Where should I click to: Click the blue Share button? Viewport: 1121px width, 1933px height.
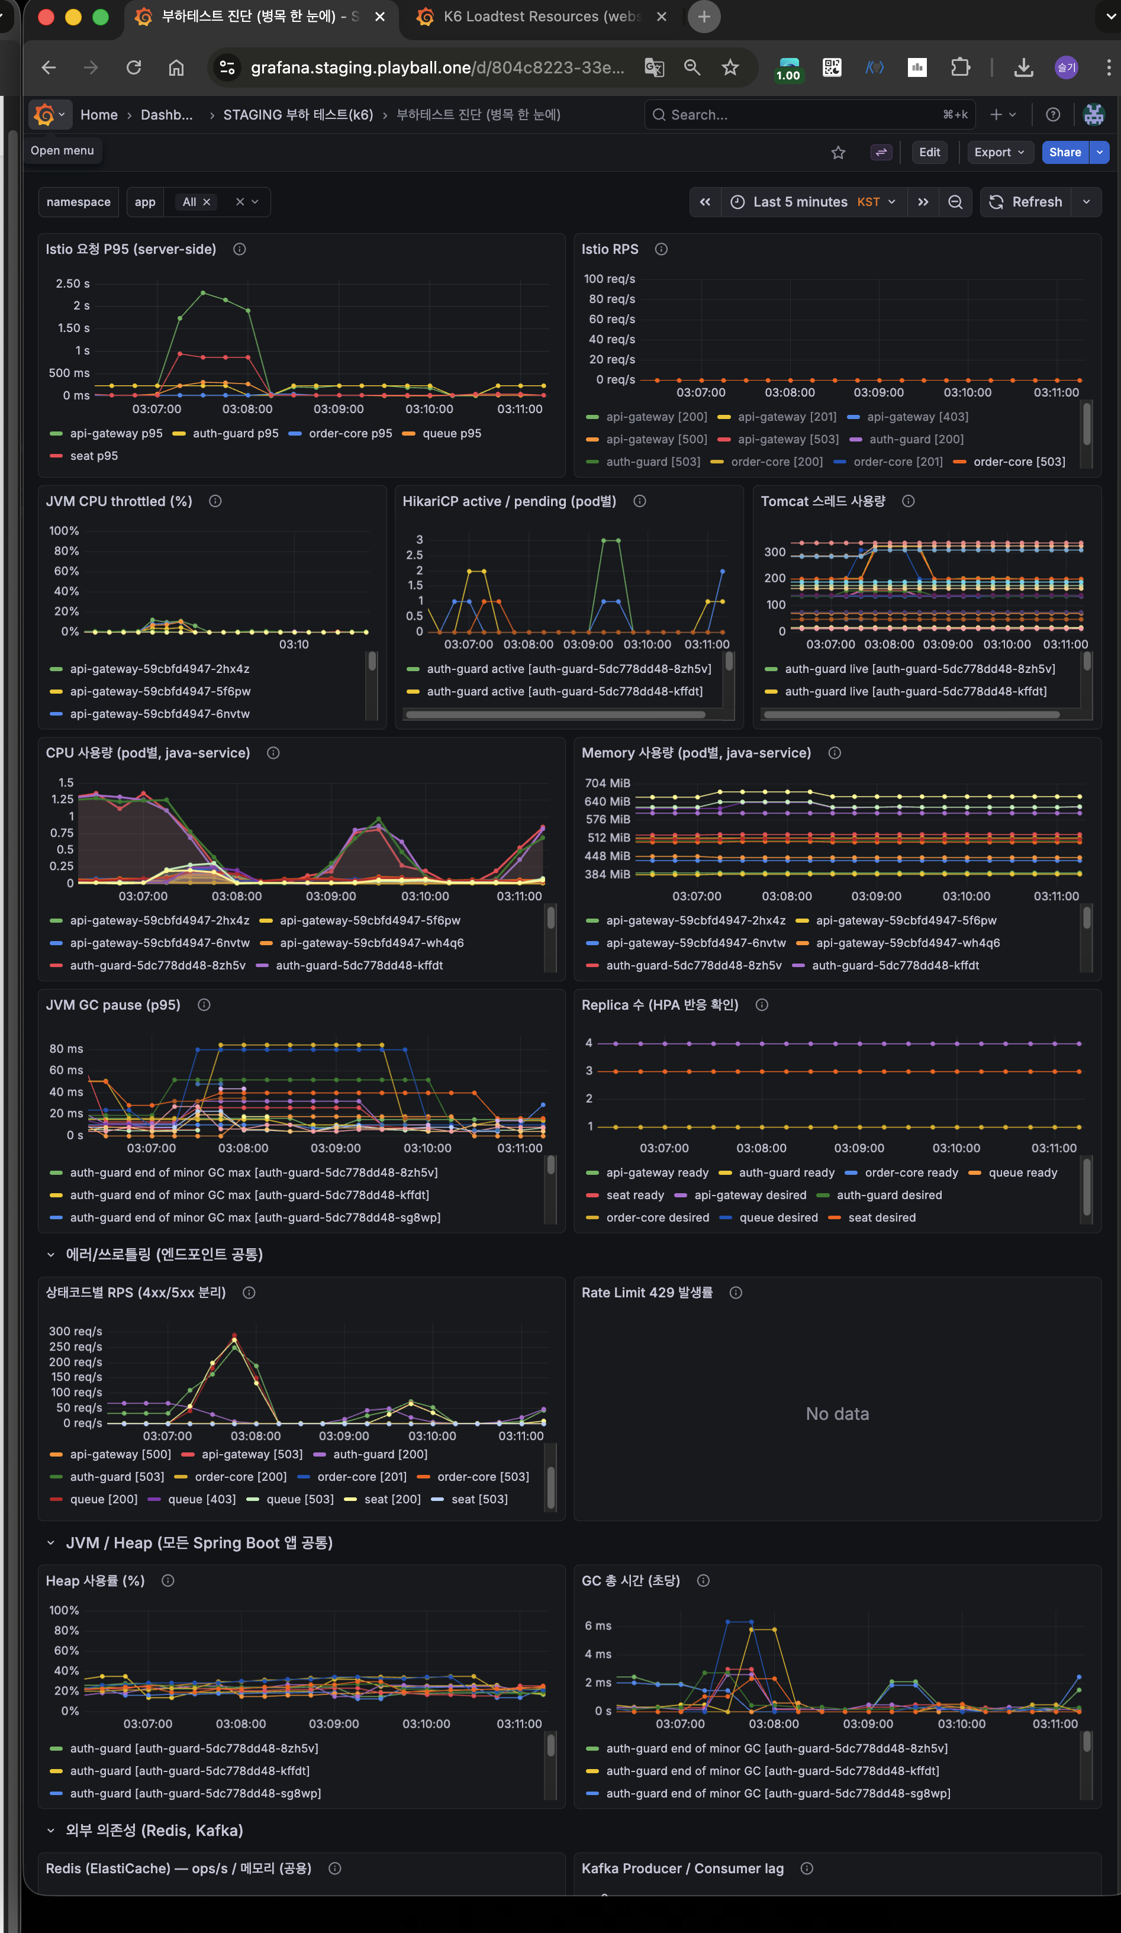1064,152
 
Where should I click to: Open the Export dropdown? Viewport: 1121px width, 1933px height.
999,152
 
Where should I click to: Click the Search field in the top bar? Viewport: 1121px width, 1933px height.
798,114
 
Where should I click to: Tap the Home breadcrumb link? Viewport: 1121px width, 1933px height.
99,114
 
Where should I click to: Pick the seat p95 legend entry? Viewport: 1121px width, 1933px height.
94,456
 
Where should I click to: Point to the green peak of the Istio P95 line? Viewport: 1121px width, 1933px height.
202,292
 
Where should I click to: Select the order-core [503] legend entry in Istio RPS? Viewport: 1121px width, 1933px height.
1018,462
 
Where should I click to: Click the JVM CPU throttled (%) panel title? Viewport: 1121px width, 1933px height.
119,501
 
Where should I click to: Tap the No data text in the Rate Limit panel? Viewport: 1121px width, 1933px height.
837,1414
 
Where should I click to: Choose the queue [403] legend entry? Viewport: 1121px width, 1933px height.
201,1499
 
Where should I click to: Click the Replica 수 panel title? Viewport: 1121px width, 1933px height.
659,1005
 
